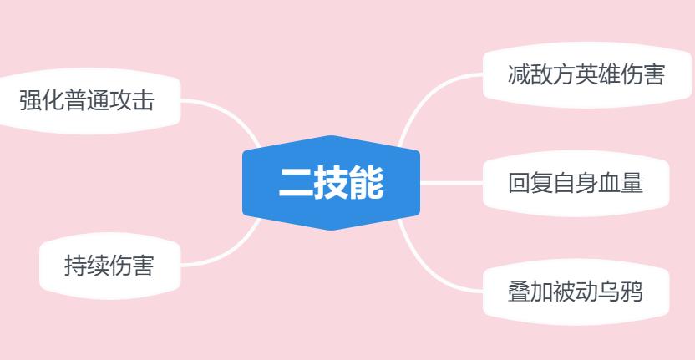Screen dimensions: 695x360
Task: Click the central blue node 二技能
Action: point(331,183)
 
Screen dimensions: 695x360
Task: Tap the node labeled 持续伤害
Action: point(110,266)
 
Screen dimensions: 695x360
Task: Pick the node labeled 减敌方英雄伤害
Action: point(587,74)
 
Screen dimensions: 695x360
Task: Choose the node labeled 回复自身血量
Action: point(576,183)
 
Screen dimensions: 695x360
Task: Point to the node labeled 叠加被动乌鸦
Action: point(576,292)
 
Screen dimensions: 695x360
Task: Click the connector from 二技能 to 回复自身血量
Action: point(451,183)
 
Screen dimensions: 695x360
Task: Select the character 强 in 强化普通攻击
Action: point(31,100)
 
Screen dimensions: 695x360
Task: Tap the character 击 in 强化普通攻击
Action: point(143,100)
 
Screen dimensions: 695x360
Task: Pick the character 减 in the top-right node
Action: point(519,74)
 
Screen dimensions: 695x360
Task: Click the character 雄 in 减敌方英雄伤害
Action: point(609,74)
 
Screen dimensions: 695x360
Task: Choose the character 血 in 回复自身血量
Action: point(609,183)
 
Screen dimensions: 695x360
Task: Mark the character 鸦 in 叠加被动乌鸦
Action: point(632,292)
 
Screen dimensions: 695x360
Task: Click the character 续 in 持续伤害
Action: point(98,266)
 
